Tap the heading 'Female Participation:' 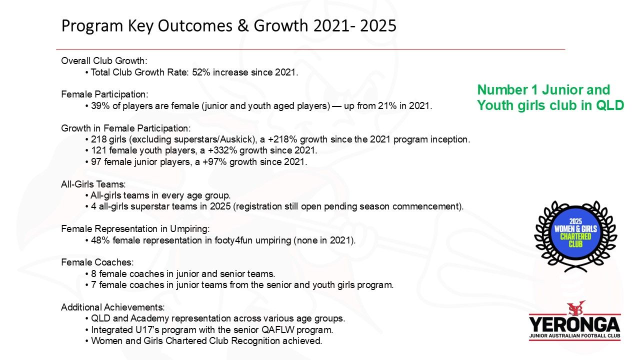104,94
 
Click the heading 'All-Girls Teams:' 93,184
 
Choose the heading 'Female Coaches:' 97,262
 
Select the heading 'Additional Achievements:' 113,307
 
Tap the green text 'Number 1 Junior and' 543,89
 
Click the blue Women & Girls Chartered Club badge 575,233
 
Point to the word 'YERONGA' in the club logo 574,325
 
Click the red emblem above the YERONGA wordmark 575,307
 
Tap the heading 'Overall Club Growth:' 104,61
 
